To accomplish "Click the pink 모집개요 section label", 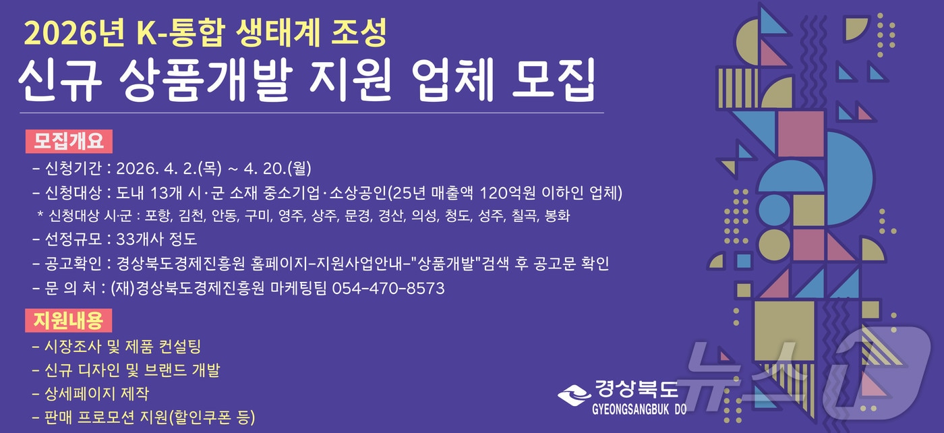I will pos(69,142).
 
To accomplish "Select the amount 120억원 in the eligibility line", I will pos(504,193).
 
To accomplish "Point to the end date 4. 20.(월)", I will pos(281,168).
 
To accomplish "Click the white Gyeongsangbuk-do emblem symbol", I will pos(573,393).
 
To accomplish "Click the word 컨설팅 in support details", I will pos(180,347).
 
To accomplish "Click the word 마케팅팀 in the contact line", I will pos(304,289).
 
